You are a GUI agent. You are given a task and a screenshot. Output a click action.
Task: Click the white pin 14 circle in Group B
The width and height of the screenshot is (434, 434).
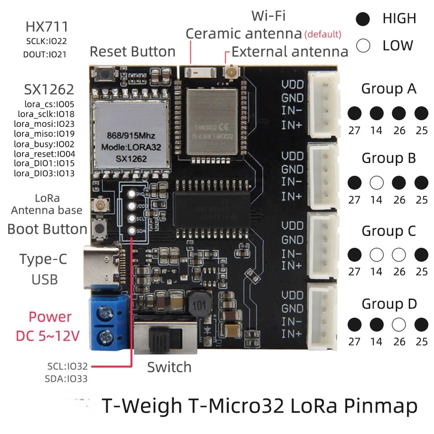pos(376,183)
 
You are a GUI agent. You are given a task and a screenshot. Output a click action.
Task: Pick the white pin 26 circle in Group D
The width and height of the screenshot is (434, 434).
pos(399,324)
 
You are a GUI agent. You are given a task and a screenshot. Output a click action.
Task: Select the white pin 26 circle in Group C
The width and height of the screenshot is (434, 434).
pos(399,255)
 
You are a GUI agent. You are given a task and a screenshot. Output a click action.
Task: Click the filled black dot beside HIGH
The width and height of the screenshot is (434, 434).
pos(363,19)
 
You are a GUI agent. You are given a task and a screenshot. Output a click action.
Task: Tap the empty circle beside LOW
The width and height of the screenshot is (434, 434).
pos(363,46)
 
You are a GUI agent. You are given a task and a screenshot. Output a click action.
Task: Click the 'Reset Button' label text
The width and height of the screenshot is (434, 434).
pos(132,52)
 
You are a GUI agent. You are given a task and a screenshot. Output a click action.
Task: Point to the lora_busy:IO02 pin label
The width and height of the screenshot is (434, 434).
pos(44,144)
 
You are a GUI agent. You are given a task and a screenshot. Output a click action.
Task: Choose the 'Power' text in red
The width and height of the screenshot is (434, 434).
pos(50,316)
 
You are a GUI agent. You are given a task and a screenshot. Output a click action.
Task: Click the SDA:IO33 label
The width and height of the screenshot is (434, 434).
pos(66,379)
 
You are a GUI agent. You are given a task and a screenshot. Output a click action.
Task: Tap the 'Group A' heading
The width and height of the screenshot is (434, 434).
pos(389,89)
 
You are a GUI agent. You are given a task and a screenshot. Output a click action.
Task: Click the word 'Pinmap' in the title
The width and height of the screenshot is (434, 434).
pos(380,406)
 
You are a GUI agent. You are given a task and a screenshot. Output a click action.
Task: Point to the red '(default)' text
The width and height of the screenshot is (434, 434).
pos(323,34)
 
